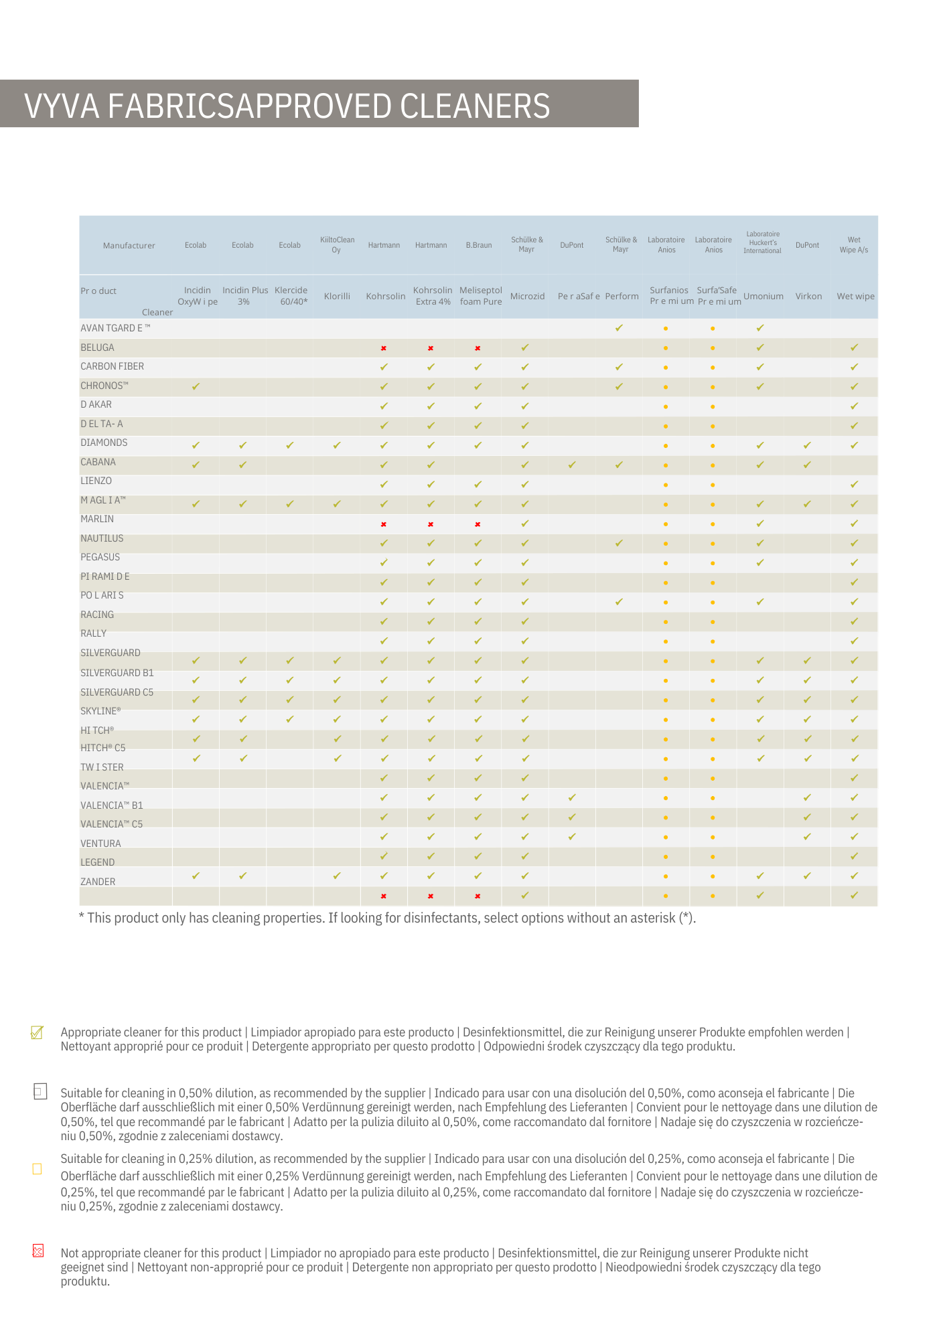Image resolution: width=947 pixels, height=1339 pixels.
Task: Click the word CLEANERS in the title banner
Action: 475,106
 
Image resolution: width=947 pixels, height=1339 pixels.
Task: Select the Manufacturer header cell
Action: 129,246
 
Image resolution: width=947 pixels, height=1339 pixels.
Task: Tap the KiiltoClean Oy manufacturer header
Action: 337,244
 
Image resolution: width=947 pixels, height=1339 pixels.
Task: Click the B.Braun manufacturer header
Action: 479,245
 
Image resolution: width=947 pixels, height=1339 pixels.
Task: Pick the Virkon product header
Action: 808,296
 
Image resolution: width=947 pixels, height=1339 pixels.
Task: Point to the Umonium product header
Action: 763,296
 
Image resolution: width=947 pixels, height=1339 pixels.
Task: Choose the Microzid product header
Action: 527,296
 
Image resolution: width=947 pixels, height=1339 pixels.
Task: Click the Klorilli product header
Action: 337,296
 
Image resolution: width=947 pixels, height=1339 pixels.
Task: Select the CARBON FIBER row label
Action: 112,366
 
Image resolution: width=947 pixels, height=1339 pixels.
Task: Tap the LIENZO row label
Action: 96,481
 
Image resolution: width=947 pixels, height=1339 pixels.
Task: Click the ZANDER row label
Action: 98,882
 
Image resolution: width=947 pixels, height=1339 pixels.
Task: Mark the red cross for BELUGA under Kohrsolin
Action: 384,348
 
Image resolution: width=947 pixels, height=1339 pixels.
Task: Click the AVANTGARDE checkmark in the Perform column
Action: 619,328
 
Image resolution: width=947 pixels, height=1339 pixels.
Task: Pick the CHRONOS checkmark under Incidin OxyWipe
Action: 196,386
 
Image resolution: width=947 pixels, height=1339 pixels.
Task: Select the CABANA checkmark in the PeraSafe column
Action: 572,465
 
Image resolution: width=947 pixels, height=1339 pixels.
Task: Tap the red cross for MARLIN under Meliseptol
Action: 478,524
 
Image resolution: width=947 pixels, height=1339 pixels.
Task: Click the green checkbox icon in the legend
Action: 38,1032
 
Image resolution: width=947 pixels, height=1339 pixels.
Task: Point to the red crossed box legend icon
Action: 38,1251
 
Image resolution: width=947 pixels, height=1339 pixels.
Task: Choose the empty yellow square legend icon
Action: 38,1169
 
